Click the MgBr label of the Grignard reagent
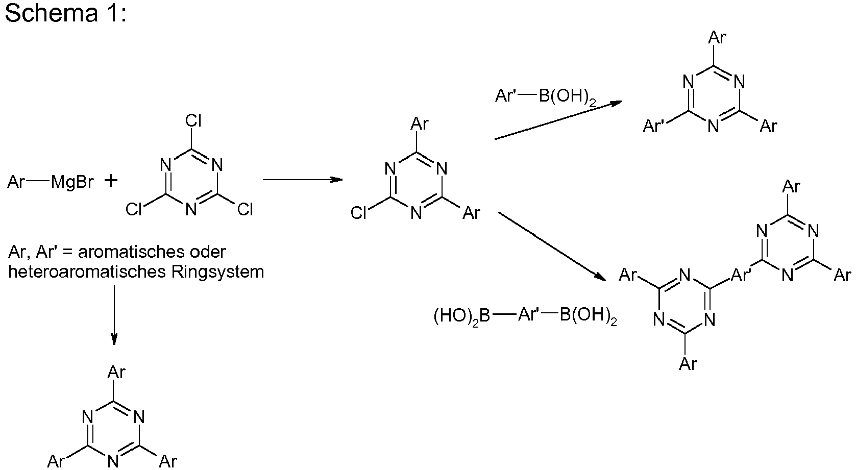(x=72, y=182)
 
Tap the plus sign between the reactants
(x=110, y=181)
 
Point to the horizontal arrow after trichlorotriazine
(x=302, y=180)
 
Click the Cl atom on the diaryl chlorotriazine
(x=359, y=213)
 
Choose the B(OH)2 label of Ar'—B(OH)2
(x=567, y=97)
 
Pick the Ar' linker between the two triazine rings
(x=741, y=276)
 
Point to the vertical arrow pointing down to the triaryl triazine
(x=114, y=314)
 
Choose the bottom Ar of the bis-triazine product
(x=688, y=364)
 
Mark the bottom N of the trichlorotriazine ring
(x=191, y=210)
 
